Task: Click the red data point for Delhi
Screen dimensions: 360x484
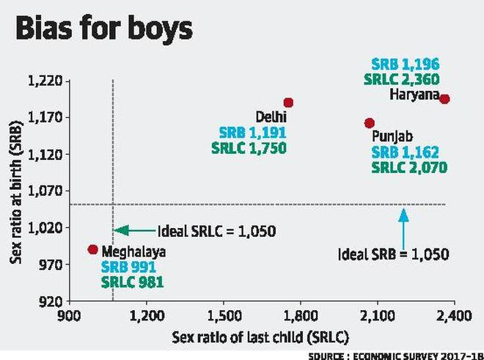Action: point(288,103)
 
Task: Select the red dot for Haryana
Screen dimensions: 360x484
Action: point(444,99)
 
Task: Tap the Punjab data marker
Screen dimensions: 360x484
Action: point(370,123)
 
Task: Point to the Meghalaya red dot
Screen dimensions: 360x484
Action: point(92,249)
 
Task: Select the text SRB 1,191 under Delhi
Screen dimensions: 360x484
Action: point(253,133)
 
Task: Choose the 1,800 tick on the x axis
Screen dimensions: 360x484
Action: point(300,318)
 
